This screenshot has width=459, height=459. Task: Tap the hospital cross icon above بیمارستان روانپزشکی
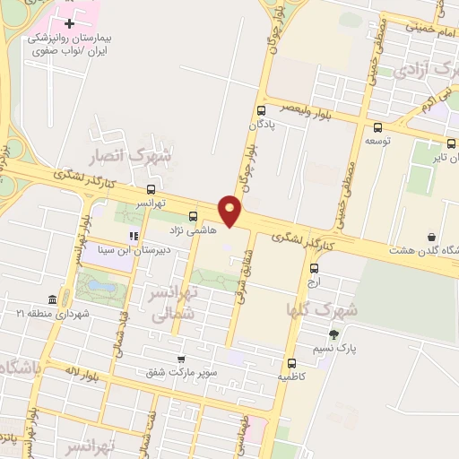coord(70,22)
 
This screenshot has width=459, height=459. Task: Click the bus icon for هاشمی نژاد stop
coord(194,215)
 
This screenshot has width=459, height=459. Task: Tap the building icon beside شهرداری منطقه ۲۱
coord(52,299)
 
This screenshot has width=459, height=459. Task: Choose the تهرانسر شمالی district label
coord(168,302)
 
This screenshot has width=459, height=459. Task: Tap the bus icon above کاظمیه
coord(292,363)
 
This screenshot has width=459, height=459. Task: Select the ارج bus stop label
coord(313,281)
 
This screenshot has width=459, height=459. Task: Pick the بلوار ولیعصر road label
coord(302,106)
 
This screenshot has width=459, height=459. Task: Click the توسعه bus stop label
coord(376,141)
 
